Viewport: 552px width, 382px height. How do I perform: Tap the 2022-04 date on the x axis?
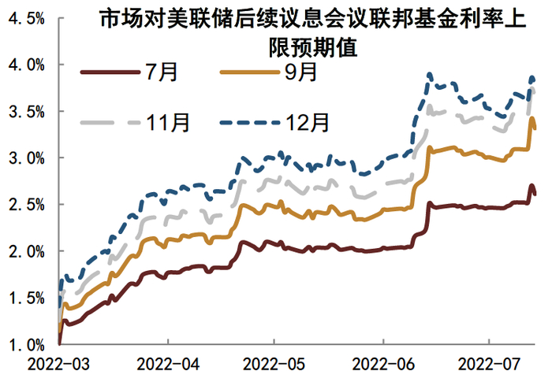tap(167, 366)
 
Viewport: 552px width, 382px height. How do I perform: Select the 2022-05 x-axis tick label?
tap(274, 366)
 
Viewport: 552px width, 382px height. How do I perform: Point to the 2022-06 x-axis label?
tap(382, 366)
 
